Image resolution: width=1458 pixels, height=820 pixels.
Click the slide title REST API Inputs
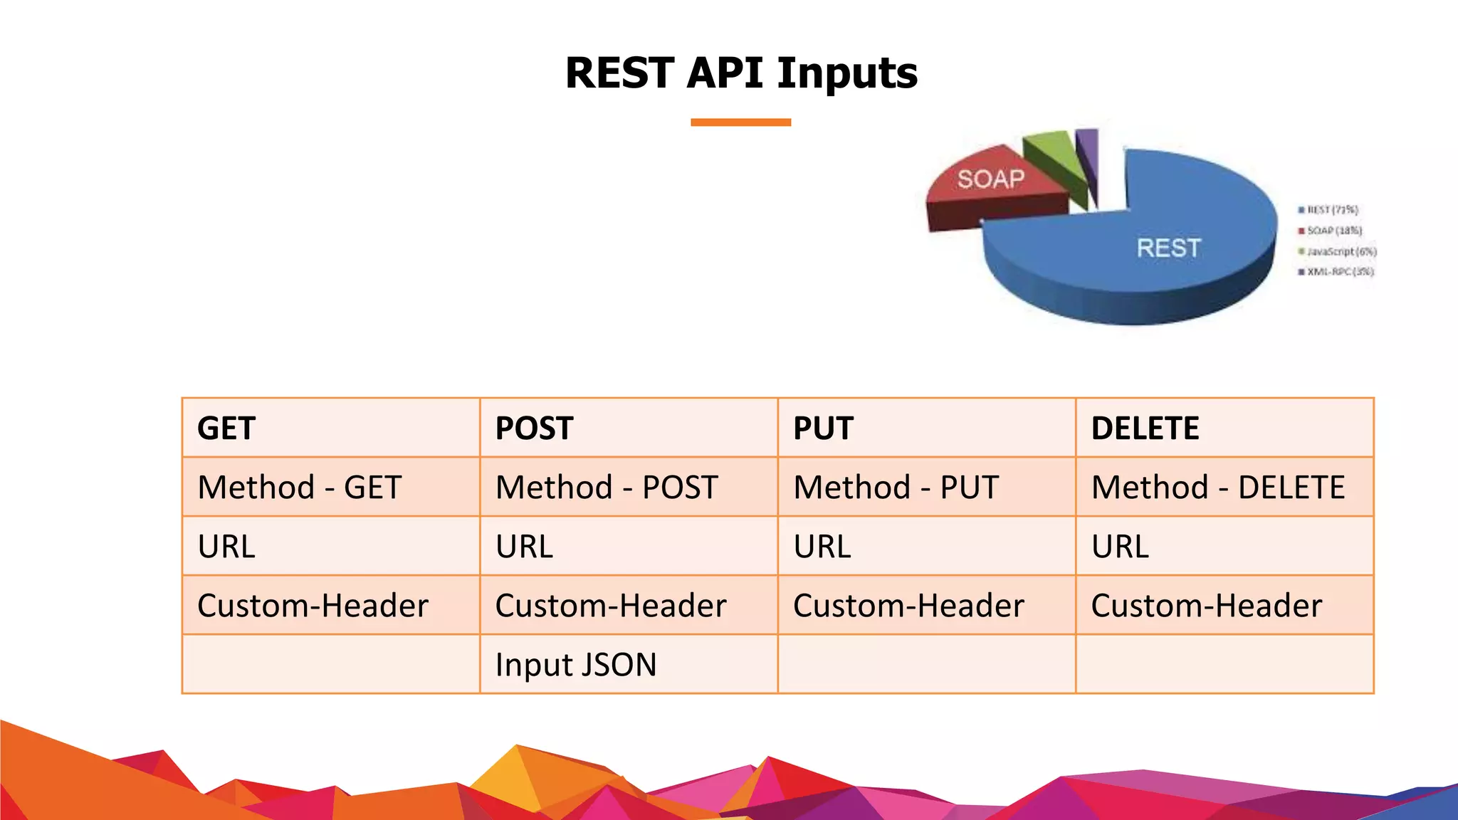pyautogui.click(x=741, y=73)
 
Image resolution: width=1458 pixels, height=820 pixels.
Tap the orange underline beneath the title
pyautogui.click(x=740, y=122)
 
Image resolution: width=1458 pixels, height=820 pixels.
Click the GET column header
pyautogui.click(x=226, y=429)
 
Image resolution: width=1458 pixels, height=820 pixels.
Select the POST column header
pyautogui.click(x=534, y=429)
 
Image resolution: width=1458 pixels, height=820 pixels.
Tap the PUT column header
pyautogui.click(x=823, y=429)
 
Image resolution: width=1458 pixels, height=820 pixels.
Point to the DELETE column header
pyautogui.click(x=1145, y=429)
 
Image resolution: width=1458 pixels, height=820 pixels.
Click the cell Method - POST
pyautogui.click(x=607, y=488)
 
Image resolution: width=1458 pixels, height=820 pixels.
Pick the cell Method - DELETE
pyautogui.click(x=1217, y=488)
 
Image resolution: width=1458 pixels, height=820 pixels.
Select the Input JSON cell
pyautogui.click(x=576, y=665)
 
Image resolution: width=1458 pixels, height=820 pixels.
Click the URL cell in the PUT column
pyautogui.click(x=822, y=547)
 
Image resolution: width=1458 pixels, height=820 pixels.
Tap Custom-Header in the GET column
pyautogui.click(x=313, y=606)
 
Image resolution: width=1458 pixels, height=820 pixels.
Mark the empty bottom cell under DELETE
pyautogui.click(x=1224, y=665)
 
